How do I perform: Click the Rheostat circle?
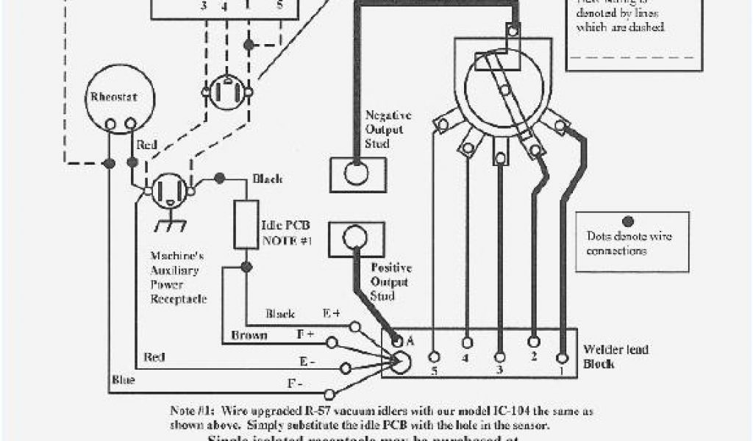point(114,103)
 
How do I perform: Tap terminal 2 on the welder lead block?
point(535,342)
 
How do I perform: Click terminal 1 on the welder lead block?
point(563,358)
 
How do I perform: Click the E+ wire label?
point(332,312)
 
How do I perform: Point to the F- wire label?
point(296,383)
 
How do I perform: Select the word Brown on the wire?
point(249,334)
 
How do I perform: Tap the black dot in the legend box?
point(628,220)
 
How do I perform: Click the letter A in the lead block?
point(410,340)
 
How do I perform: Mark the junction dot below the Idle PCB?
point(246,266)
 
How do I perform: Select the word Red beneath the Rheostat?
point(147,146)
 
